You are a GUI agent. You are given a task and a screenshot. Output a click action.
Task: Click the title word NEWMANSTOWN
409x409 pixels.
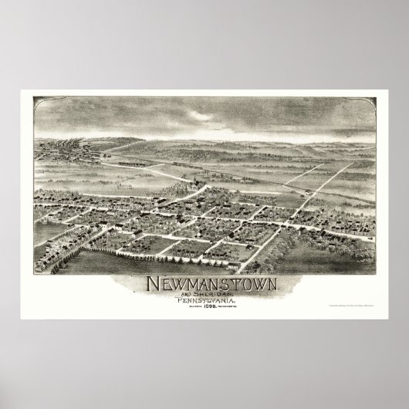point(204,284)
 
